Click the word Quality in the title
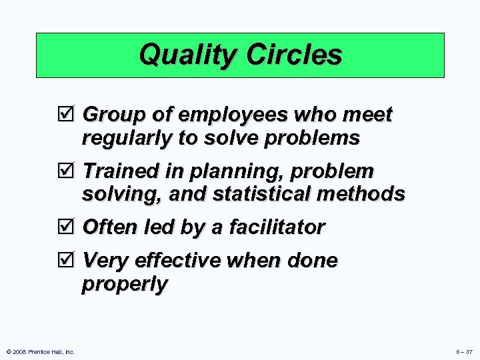click(185, 55)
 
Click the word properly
click(125, 284)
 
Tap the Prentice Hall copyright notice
click(40, 351)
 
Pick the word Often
click(110, 227)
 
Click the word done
click(312, 260)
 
